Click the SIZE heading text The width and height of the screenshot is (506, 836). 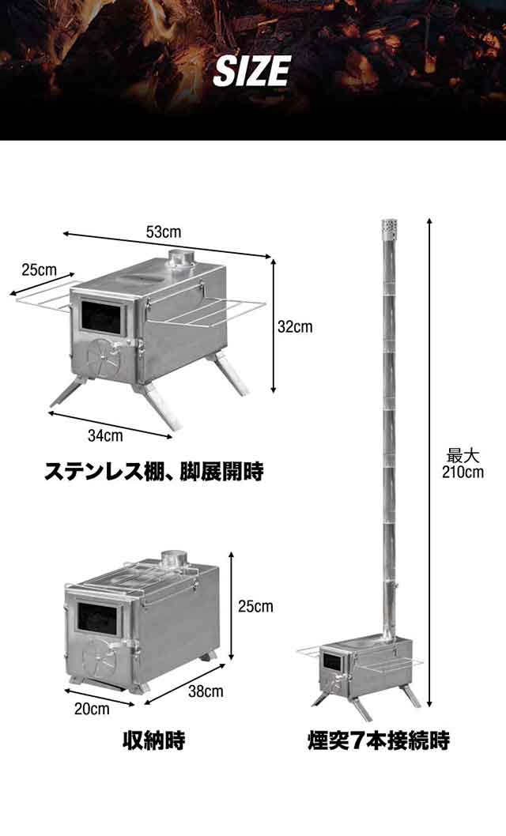tap(251, 72)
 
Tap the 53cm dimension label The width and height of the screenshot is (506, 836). tap(163, 233)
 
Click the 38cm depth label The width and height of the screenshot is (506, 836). tap(206, 691)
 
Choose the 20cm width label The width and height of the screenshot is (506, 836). tap(92, 708)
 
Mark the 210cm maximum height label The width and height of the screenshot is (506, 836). tap(463, 464)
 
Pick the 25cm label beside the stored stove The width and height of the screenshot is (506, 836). tap(255, 607)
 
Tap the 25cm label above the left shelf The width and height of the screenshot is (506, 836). tap(39, 269)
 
